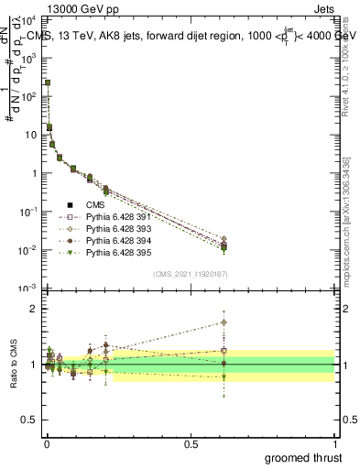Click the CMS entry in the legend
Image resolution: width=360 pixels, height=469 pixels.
click(x=96, y=204)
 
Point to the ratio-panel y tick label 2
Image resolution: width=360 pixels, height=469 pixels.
click(x=32, y=309)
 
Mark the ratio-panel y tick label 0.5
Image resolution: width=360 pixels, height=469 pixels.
click(x=27, y=420)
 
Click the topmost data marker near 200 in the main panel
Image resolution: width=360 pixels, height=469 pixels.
click(x=48, y=82)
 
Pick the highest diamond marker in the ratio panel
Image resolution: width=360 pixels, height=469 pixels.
click(x=224, y=322)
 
